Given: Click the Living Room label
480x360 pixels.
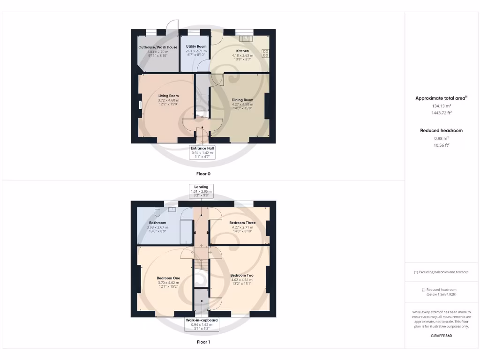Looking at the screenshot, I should coord(168,96).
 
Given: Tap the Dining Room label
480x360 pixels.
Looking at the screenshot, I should coord(242,100).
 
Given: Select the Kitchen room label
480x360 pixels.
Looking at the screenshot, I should coord(242,51).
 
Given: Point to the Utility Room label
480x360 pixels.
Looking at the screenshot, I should coord(196,46).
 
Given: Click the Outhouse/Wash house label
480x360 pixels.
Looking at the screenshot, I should coord(157,47).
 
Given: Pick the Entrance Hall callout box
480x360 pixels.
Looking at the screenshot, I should coord(202,152).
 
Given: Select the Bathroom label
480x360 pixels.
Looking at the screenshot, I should coord(157,223).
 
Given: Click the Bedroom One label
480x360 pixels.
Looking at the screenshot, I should coord(168,278).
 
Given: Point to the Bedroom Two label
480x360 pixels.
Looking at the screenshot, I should coord(242,275).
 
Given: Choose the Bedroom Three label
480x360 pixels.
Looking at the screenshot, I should coord(242,223).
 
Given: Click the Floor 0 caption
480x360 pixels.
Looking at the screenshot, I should coord(203,173).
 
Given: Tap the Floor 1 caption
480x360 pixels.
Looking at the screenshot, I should coord(203,342).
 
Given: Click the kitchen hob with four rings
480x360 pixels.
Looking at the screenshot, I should coord(266,53).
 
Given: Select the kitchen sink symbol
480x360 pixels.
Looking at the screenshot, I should coord(245,37).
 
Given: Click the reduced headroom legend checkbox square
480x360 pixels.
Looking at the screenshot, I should coord(424,290).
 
